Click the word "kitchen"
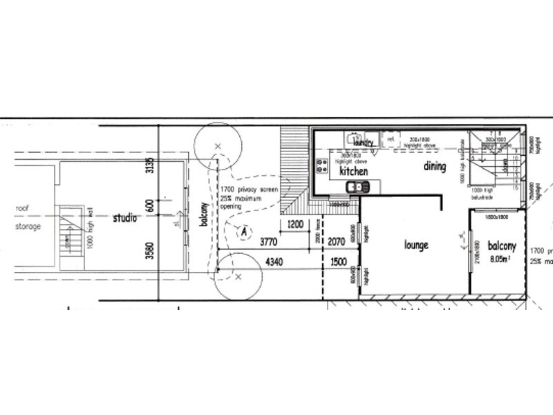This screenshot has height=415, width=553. pos(353,170)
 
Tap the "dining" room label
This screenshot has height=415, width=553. pos(435,167)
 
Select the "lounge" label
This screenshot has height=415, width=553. pos(418,245)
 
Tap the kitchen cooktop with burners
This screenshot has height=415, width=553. pos(321,166)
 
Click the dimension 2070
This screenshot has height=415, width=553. pos(337,242)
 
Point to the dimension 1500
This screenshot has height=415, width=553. pos(339,262)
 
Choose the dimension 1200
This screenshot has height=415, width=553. pos(296,224)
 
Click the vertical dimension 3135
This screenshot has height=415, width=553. pos(149,167)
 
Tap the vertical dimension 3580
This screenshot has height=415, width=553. pos(149,249)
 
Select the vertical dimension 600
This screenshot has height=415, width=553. pos(149,206)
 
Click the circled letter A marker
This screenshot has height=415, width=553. pos(243,232)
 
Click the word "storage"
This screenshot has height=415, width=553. pos(29,226)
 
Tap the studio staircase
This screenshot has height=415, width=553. pos(69,235)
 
